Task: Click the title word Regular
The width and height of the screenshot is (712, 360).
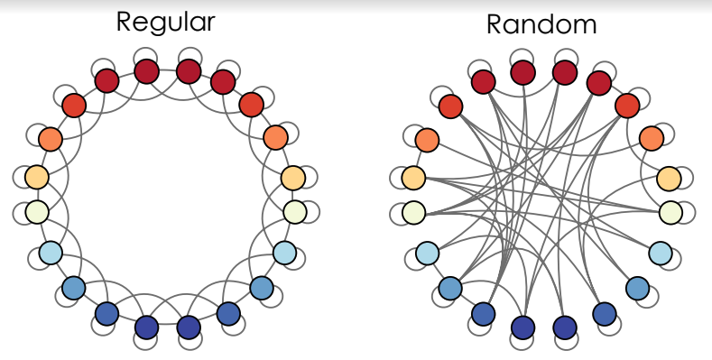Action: pyautogui.click(x=165, y=22)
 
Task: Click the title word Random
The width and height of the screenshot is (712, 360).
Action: pyautogui.click(x=541, y=24)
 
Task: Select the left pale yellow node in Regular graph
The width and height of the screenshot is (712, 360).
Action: pyautogui.click(x=36, y=212)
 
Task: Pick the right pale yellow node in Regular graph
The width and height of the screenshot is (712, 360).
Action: pyautogui.click(x=295, y=212)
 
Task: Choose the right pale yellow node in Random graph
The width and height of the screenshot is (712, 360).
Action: pyautogui.click(x=670, y=213)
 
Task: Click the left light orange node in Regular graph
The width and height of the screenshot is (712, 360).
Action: pyautogui.click(x=36, y=177)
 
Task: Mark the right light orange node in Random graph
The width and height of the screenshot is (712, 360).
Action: pyautogui.click(x=669, y=178)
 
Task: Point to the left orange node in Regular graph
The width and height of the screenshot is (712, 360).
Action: pyautogui.click(x=51, y=139)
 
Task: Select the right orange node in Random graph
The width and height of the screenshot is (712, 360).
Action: pyautogui.click(x=652, y=138)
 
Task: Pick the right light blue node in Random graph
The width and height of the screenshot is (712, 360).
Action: pyautogui.click(x=660, y=253)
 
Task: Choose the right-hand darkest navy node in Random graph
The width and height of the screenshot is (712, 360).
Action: pyautogui.click(x=565, y=327)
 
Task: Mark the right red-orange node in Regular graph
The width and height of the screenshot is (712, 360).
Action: pyautogui.click(x=251, y=105)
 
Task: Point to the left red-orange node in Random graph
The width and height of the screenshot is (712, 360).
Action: pyautogui.click(x=450, y=106)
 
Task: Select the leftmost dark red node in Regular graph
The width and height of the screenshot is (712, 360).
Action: pyautogui.click(x=106, y=80)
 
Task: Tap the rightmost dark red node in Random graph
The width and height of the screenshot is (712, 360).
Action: pyautogui.click(x=598, y=82)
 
